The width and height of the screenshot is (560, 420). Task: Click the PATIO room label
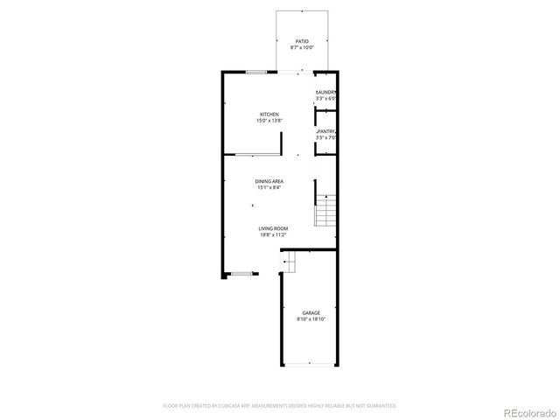302,41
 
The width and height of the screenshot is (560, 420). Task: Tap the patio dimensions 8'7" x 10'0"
302,47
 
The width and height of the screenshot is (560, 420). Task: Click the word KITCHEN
269,115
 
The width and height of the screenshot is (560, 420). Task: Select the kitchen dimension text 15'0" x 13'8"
269,121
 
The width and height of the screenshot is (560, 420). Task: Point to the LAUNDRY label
326,92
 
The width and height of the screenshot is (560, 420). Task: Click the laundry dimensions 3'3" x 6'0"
326,98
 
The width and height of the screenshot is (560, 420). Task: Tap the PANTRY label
326,131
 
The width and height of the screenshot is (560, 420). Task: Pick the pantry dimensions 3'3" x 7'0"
326,137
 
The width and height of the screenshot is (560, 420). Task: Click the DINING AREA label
269,181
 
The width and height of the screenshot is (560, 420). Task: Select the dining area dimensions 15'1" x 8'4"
269,187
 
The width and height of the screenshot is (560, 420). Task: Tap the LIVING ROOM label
273,228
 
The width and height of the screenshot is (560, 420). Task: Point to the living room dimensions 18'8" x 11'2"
273,234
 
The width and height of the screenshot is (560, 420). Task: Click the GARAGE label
311,312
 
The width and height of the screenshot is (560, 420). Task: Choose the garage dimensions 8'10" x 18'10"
311,319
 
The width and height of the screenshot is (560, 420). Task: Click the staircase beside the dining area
325,212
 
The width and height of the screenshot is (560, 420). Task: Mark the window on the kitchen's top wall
256,73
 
